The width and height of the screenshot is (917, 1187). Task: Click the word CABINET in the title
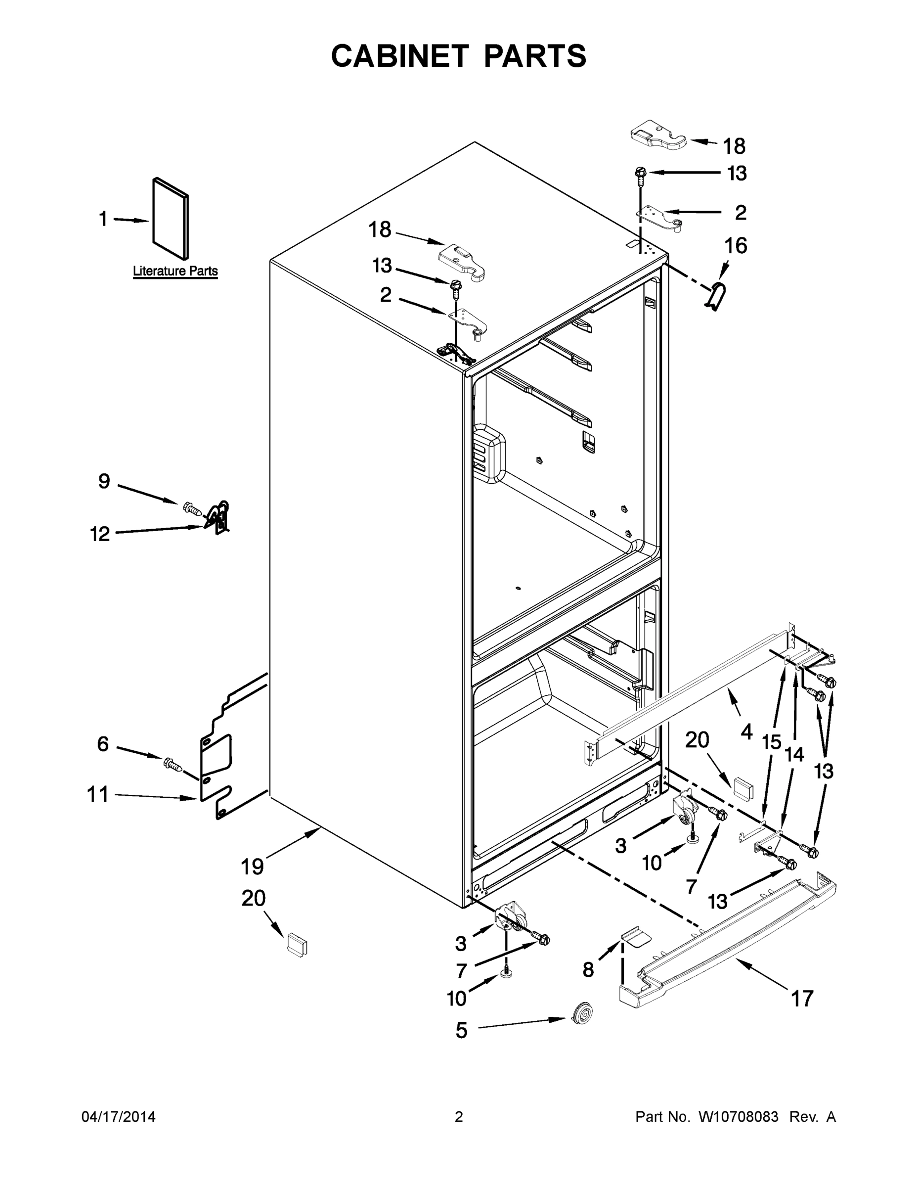tap(400, 56)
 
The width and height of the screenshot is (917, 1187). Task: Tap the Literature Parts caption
tap(175, 271)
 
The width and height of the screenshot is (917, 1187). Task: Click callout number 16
tap(736, 246)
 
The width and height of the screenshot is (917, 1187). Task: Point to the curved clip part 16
tap(716, 296)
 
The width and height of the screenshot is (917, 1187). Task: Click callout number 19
tap(252, 867)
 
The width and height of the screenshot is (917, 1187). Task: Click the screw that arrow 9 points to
tap(191, 509)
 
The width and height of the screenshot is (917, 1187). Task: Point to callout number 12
tap(100, 534)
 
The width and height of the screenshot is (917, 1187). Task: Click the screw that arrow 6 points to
tap(173, 764)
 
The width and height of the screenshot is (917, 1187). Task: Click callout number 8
tap(588, 969)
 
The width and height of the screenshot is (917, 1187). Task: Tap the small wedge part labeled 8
tap(635, 936)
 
